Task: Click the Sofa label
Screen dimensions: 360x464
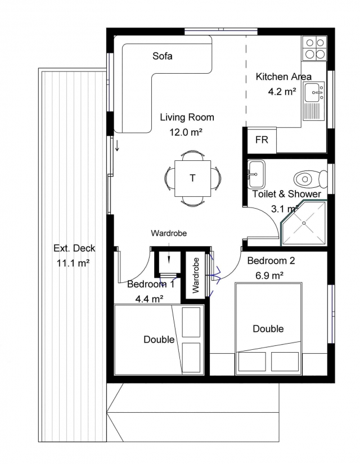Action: (x=162, y=56)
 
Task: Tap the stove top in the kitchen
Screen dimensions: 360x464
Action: (x=314, y=48)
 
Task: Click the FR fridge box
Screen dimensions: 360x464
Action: (x=262, y=140)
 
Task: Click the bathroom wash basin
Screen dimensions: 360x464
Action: (x=256, y=174)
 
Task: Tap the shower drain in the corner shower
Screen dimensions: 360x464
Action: (x=304, y=223)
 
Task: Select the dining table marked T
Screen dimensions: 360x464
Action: (x=193, y=178)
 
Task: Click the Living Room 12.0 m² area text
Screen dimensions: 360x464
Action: (x=187, y=125)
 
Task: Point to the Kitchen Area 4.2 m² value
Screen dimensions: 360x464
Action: (x=282, y=92)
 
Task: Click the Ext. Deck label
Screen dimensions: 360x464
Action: (x=74, y=248)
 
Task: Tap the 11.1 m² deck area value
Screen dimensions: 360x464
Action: (x=73, y=263)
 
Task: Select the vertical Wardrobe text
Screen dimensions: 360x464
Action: (x=196, y=276)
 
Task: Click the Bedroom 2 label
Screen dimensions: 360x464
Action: (x=271, y=261)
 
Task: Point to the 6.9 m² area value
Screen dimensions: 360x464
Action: (x=269, y=276)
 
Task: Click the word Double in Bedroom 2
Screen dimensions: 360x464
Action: (x=268, y=328)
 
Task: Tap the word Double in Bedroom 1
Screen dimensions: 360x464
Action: (x=159, y=339)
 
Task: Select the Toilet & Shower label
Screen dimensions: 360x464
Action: (x=286, y=194)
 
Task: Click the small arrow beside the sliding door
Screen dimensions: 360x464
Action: (x=117, y=145)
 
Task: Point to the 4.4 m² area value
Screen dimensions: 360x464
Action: (x=149, y=299)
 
